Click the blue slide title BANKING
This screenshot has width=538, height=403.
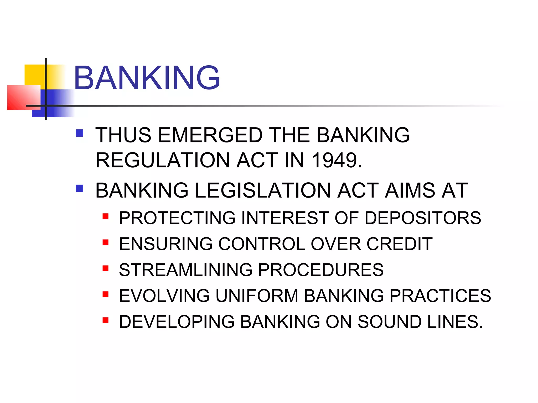[147, 78]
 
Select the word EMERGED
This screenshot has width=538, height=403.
[210, 135]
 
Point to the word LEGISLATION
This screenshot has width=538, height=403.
[263, 190]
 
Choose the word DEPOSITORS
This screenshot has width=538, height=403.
[423, 218]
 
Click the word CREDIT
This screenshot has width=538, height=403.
[399, 244]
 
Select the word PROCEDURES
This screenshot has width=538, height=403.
[321, 270]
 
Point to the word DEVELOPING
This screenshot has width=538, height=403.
[177, 322]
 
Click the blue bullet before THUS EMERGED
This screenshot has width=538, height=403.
[79, 133]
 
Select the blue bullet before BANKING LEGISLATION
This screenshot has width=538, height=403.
[79, 188]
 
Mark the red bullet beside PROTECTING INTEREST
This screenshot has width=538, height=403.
[106, 216]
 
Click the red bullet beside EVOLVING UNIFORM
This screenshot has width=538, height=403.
[106, 294]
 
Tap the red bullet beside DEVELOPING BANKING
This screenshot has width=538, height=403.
[106, 320]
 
